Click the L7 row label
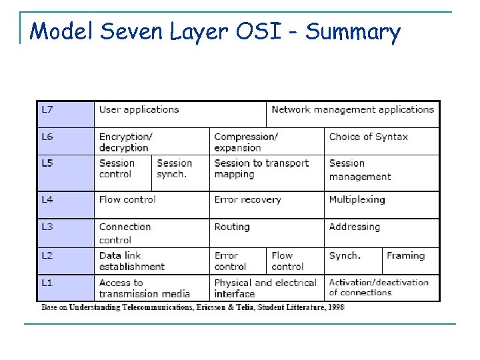48,110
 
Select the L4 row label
48,199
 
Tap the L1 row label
48,283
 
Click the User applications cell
139,110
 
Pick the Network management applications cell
353,110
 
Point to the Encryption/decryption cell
126,142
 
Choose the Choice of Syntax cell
368,137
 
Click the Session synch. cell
175,169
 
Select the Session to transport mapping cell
261,169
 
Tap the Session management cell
360,170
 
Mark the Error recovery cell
247,199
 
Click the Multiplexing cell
357,199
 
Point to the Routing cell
232,227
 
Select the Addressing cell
354,227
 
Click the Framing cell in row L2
405,255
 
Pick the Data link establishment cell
131,261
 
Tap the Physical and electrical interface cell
264,288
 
